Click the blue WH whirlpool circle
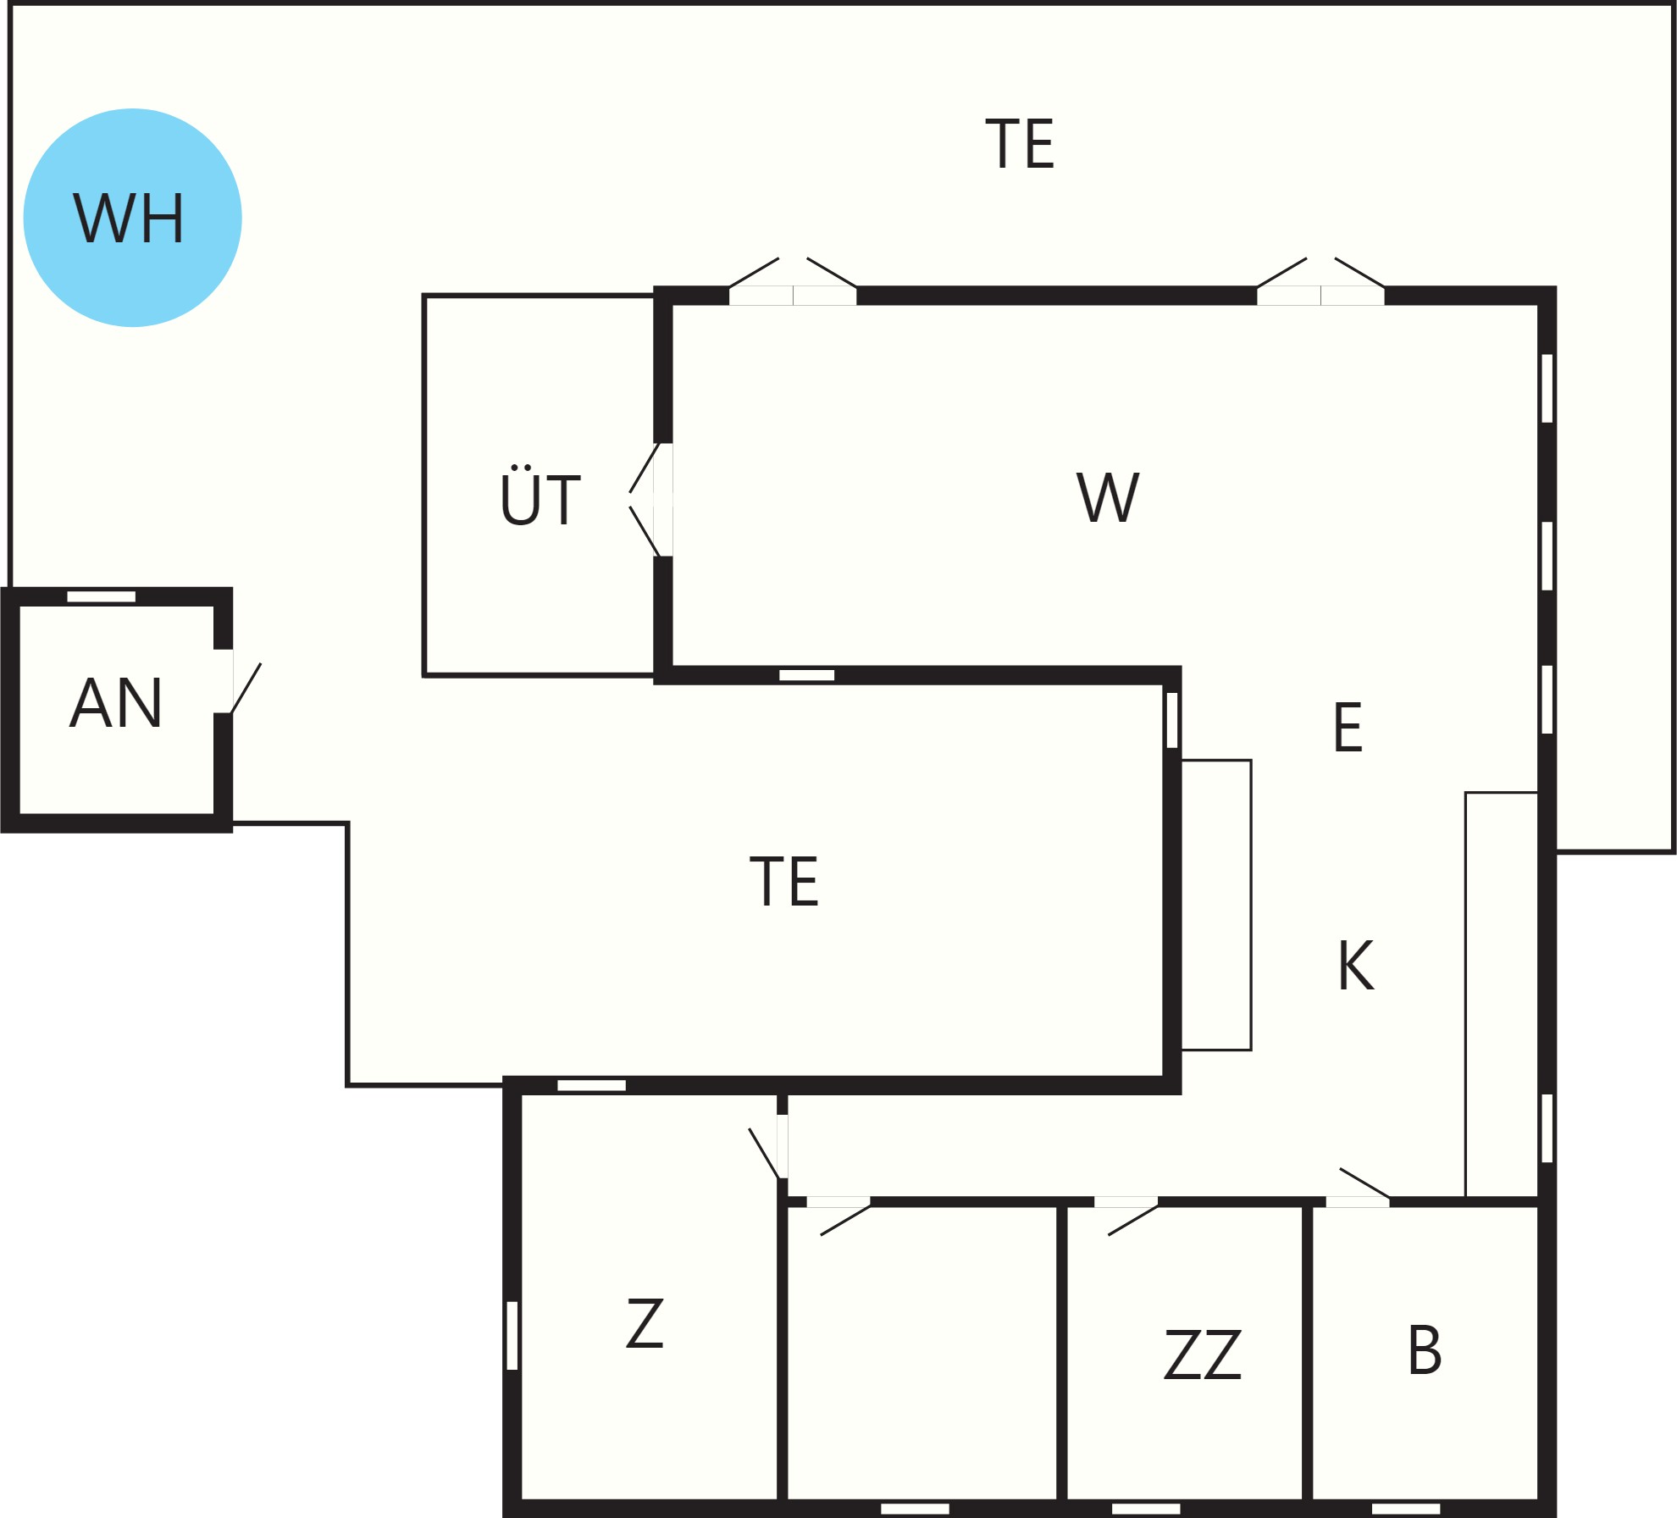coord(133,218)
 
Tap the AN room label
coord(116,703)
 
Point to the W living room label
coord(1108,497)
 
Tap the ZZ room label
coord(1203,1355)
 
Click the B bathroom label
coord(1425,1349)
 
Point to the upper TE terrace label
coord(1021,143)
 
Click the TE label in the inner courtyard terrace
coord(784,881)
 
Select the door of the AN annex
coord(238,681)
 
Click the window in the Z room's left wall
coord(512,1335)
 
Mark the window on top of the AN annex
coord(102,596)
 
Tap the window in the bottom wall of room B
coord(1406,1509)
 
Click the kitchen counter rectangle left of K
coord(1216,905)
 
